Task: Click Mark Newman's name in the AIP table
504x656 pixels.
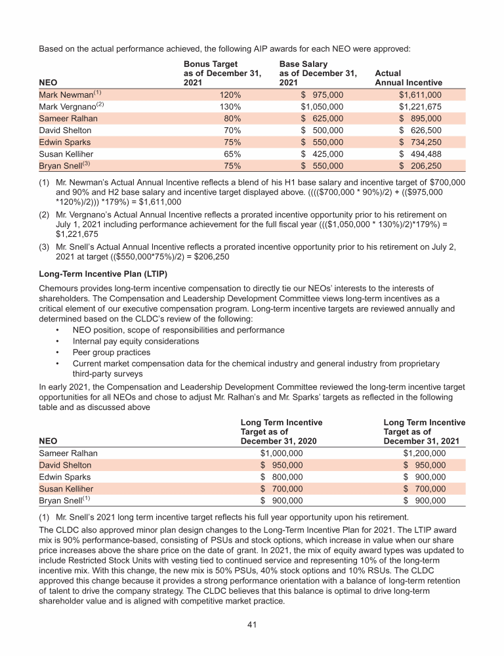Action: (66, 95)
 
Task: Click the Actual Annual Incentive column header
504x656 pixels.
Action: (408, 79)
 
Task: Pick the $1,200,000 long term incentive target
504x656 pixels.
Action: (424, 453)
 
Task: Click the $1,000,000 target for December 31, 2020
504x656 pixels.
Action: (282, 453)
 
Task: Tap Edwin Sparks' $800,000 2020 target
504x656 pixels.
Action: (282, 477)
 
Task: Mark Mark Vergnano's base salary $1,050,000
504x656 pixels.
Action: (322, 107)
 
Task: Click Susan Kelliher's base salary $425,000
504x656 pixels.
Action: (322, 154)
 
